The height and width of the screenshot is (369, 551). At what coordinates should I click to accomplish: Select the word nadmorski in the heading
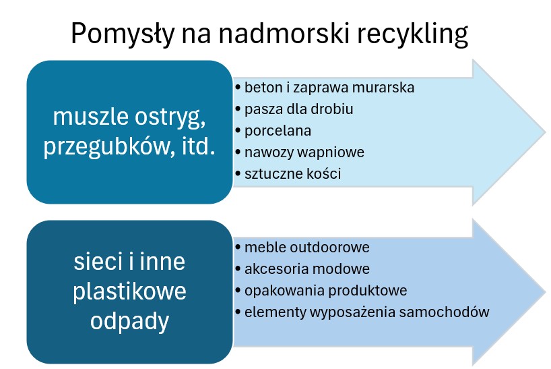pyautogui.click(x=282, y=34)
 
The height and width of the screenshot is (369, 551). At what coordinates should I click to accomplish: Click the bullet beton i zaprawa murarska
pyautogui.click(x=329, y=88)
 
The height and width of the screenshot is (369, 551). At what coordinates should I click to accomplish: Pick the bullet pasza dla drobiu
pyautogui.click(x=298, y=109)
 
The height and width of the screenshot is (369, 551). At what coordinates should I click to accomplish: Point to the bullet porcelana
pyautogui.click(x=278, y=130)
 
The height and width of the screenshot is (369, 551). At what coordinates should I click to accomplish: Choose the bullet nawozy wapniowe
pyautogui.click(x=304, y=152)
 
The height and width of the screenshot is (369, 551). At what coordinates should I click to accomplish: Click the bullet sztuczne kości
pyautogui.click(x=293, y=173)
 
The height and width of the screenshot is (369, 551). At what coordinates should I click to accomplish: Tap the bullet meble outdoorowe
pyautogui.click(x=306, y=248)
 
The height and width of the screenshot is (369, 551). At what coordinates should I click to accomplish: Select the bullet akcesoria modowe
pyautogui.click(x=306, y=269)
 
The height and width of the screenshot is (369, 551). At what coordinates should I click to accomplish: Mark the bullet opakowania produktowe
pyautogui.click(x=325, y=291)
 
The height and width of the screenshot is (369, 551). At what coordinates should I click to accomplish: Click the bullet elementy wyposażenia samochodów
pyautogui.click(x=366, y=312)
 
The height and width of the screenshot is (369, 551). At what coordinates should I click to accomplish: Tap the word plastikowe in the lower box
pyautogui.click(x=130, y=292)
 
